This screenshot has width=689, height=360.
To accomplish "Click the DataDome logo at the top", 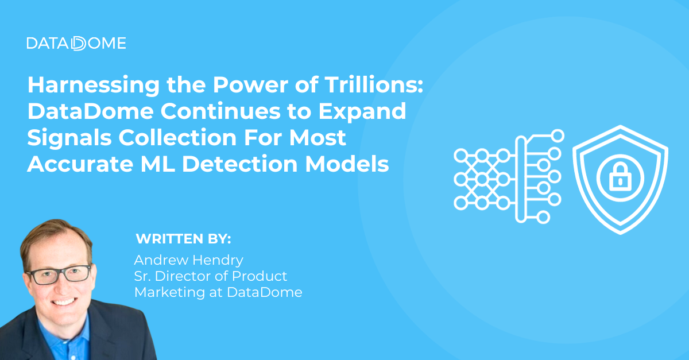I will (76, 43).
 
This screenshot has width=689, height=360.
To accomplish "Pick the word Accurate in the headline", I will (80, 164).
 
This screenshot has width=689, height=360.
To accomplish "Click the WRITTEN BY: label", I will (183, 238).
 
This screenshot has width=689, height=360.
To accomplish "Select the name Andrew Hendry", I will (188, 260).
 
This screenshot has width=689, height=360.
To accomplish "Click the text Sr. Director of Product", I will (210, 276).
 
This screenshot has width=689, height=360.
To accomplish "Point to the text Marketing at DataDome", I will (218, 292).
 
